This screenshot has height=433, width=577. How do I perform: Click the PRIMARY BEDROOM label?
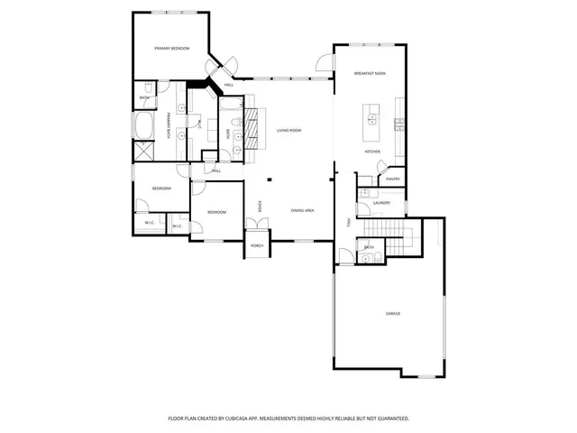pyautogui.click(x=171, y=48)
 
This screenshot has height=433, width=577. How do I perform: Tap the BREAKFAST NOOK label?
pyautogui.click(x=370, y=73)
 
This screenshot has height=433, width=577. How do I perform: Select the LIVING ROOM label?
pyautogui.click(x=288, y=131)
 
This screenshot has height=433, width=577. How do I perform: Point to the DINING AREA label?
pyautogui.click(x=302, y=210)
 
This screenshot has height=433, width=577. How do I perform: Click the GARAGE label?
pyautogui.click(x=393, y=313)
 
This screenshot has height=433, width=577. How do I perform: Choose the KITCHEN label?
pyautogui.click(x=372, y=152)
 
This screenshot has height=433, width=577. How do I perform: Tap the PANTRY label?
pyautogui.click(x=393, y=179)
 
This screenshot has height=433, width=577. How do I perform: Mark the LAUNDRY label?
pyautogui.click(x=381, y=203)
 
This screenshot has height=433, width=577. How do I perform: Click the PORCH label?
pyautogui.click(x=257, y=245)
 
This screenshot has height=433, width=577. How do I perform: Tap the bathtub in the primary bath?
pyautogui.click(x=144, y=124)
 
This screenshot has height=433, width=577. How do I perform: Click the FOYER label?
pyautogui.click(x=261, y=207)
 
